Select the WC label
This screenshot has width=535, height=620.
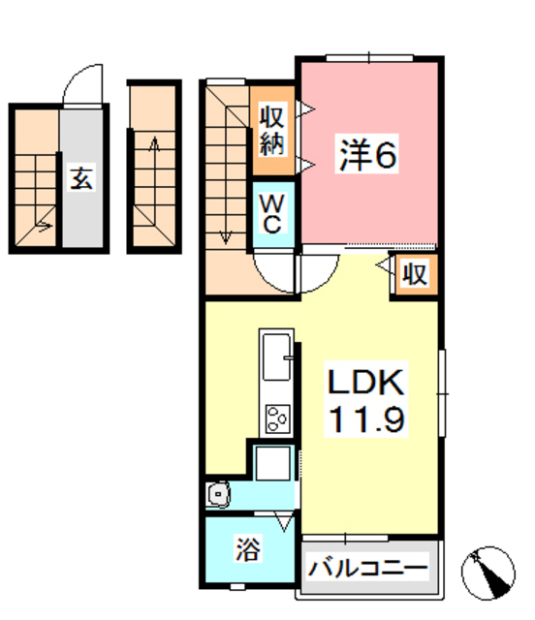(x=272, y=214)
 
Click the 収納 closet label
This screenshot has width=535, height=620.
(x=271, y=131)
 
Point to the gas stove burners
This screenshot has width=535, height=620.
(x=277, y=418)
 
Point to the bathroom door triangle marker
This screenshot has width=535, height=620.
(x=284, y=524)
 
